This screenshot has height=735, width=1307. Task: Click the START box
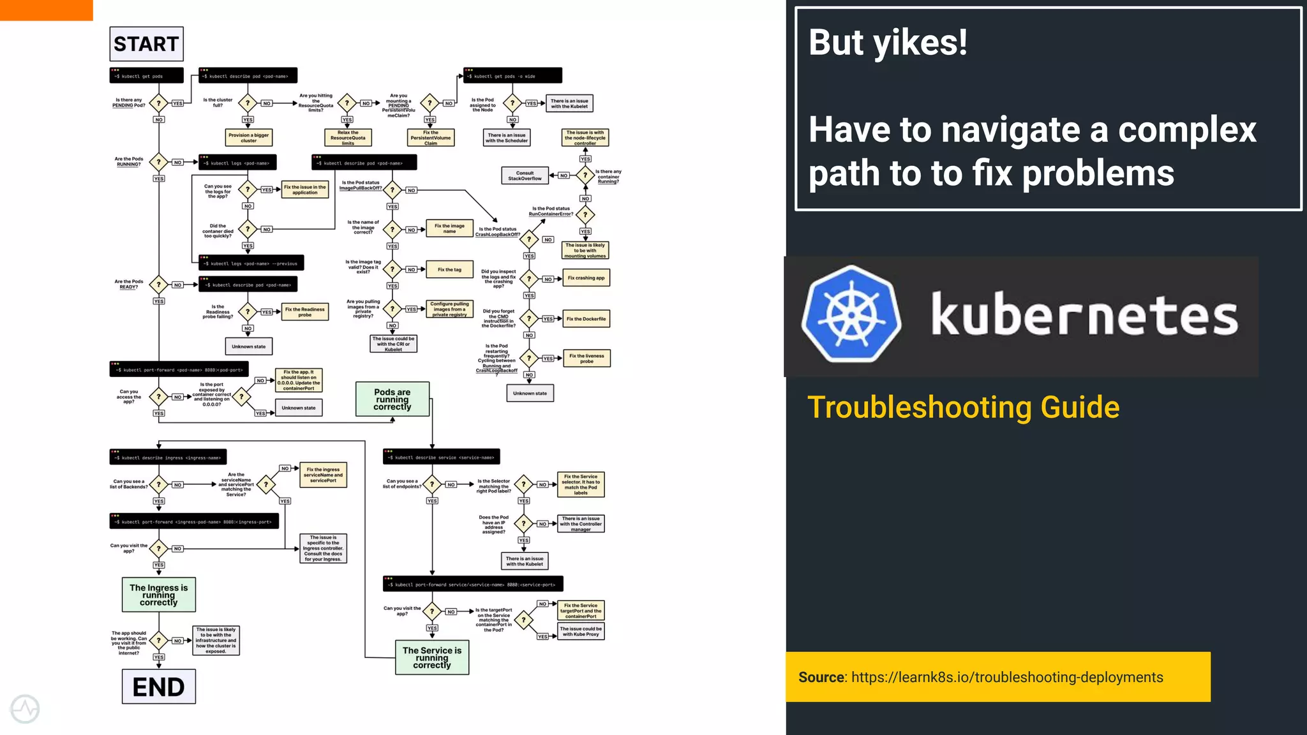[x=146, y=44]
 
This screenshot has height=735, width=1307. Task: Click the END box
[x=158, y=687]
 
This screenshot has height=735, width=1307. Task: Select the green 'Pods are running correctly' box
[x=392, y=399]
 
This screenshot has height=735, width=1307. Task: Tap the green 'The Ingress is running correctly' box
[x=158, y=595]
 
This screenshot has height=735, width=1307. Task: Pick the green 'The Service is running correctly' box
[x=432, y=658]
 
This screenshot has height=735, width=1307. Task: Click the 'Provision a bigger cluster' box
[x=248, y=138]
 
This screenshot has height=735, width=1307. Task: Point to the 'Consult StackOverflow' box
[x=525, y=175]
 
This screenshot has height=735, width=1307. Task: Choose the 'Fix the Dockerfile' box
[x=586, y=319]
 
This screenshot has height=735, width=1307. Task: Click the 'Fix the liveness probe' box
[x=586, y=359]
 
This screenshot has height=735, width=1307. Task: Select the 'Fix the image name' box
[x=449, y=228]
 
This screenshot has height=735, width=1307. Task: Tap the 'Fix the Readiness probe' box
[x=305, y=312]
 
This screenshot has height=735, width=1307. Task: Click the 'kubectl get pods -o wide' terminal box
[x=512, y=76]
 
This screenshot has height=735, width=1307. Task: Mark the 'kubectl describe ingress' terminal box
[x=168, y=457]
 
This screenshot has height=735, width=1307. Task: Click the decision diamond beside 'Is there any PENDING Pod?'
[x=158, y=103]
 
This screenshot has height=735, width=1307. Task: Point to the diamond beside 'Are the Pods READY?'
[x=158, y=285]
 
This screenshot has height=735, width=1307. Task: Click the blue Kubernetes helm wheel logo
[x=851, y=315]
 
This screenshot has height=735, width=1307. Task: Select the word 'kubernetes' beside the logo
[x=1084, y=315]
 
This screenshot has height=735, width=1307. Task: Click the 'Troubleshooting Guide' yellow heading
[x=963, y=407]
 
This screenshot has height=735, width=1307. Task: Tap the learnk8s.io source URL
[x=1006, y=678]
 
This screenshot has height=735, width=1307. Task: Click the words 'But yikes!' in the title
[x=888, y=43]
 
